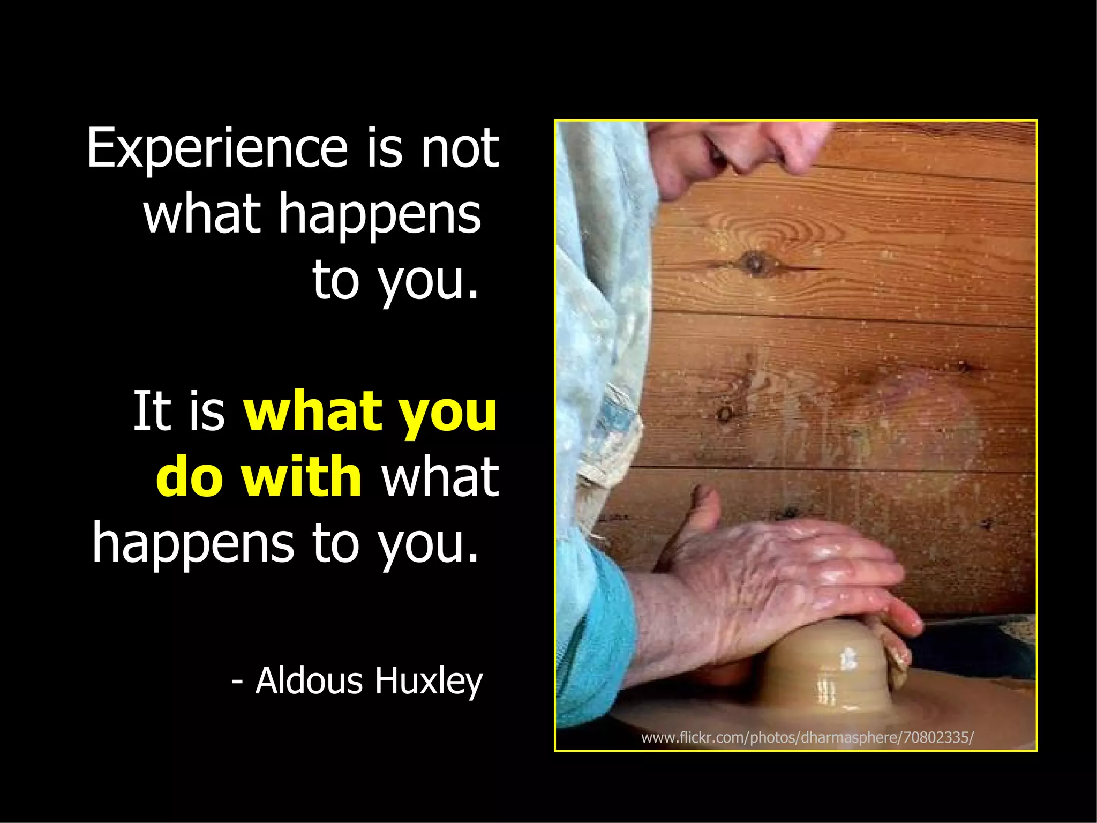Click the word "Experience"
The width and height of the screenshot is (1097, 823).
point(217,148)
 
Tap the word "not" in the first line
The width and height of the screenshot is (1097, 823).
point(460,148)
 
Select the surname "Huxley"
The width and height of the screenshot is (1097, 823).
point(429,682)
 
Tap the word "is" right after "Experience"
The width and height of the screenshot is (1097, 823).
point(384,148)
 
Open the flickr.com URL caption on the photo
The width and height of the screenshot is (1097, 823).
point(807,738)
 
